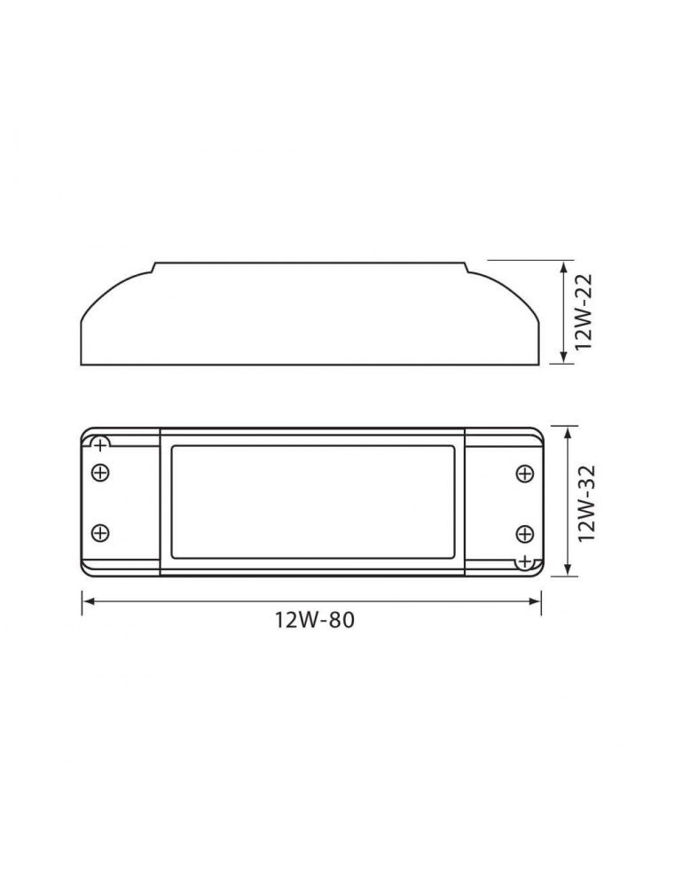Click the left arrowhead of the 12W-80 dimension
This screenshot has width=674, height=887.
click(x=86, y=600)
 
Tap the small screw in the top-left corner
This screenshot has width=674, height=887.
click(x=101, y=443)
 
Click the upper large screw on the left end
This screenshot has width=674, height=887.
click(x=100, y=473)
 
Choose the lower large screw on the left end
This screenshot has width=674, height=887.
click(x=100, y=532)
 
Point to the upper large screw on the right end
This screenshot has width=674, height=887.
click(x=524, y=473)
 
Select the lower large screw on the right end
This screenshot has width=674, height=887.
click(x=524, y=532)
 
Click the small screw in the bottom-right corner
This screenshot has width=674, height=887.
click(x=525, y=561)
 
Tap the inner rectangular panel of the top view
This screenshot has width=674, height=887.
click(x=312, y=502)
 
